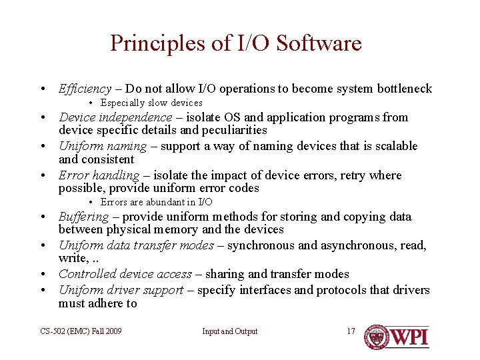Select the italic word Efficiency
(x=85, y=89)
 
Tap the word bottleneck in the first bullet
(x=404, y=89)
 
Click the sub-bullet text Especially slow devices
(x=151, y=103)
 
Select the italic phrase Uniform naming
(x=102, y=146)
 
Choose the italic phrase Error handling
(x=99, y=175)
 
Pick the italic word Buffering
(x=83, y=217)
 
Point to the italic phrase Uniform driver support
(x=121, y=290)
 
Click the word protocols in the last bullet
(x=330, y=290)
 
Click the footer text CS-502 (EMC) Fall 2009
(x=81, y=331)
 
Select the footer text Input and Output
(x=230, y=331)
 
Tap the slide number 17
(x=351, y=331)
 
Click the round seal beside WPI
(x=377, y=337)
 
